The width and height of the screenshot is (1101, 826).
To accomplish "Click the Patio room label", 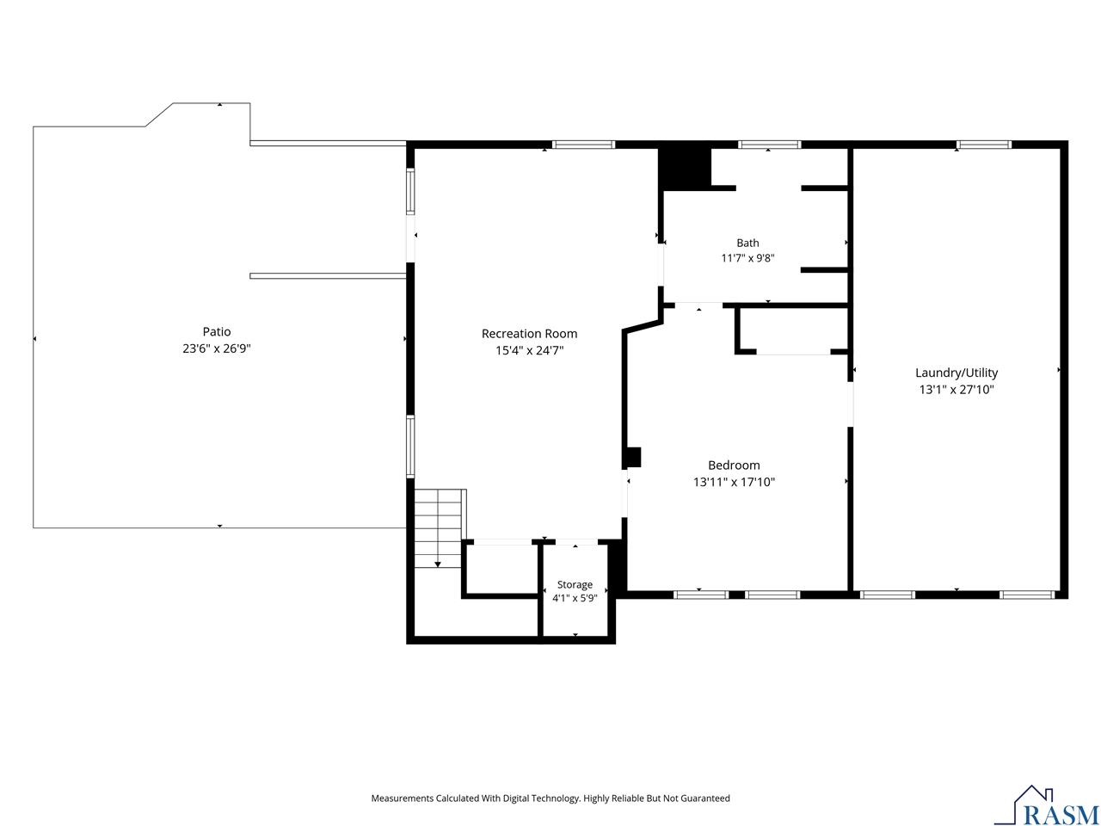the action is point(217,331).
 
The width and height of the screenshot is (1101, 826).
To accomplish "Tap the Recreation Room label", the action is point(529,334).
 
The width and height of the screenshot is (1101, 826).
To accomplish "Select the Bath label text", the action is point(747,243).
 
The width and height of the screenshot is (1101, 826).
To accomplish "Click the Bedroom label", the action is point(734,465).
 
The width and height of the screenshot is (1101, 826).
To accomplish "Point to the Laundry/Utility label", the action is point(956,373).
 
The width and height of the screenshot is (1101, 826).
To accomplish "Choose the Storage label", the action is point(575,585).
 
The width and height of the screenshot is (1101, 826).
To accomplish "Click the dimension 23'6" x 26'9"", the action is point(217,348).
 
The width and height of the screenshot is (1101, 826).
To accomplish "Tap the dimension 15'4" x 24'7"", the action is point(529,350).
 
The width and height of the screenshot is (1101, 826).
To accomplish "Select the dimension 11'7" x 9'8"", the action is point(747,258).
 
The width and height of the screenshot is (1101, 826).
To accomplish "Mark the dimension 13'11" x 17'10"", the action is point(734,482).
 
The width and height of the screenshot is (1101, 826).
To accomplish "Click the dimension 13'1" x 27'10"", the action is point(956,390).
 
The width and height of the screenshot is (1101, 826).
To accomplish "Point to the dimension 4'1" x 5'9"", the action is point(575,598).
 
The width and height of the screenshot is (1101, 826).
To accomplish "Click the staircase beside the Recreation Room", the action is point(438,528).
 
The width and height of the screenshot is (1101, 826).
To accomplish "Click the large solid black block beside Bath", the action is point(685,169).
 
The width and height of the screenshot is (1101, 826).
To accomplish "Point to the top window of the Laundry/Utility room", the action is point(984,145).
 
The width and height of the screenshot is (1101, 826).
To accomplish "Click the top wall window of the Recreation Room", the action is point(583,145).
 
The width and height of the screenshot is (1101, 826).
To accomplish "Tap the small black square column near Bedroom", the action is point(633,457).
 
